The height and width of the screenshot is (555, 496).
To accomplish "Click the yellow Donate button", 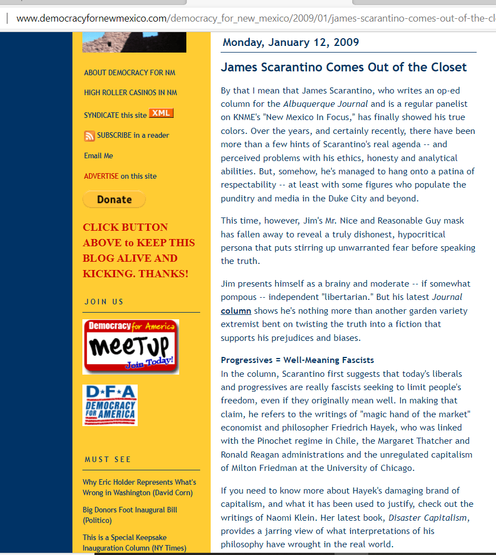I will click(x=114, y=199).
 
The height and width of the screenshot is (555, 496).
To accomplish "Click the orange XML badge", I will click(x=161, y=113).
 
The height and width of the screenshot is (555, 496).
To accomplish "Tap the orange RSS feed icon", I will click(x=89, y=136).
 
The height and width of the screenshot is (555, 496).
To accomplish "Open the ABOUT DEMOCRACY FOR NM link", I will click(x=129, y=72).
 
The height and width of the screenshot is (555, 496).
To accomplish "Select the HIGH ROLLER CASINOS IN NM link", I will click(x=130, y=92).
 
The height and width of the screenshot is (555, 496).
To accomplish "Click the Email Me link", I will click(x=98, y=155).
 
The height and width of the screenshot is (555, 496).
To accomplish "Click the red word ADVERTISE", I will click(x=101, y=176).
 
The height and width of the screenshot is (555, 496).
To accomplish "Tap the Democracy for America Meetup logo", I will click(x=130, y=346).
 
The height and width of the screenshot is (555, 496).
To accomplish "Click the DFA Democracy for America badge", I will click(x=110, y=405).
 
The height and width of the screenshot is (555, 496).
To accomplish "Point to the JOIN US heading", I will click(x=104, y=302).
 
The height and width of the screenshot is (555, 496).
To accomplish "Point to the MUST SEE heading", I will click(x=108, y=459).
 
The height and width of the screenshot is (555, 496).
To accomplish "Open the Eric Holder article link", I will click(x=139, y=487).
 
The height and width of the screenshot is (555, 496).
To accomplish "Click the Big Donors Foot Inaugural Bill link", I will click(x=129, y=515).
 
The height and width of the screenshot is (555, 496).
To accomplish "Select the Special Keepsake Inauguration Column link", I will click(x=134, y=542).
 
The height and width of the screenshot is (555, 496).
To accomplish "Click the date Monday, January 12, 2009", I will click(x=291, y=42).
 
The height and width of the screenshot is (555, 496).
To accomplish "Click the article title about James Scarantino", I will click(x=343, y=68).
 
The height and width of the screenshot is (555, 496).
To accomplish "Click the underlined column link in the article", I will click(x=236, y=311).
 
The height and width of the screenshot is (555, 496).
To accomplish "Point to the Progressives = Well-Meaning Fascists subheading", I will click(x=297, y=360).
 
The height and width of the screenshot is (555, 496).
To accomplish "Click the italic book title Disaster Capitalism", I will click(x=428, y=517).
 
